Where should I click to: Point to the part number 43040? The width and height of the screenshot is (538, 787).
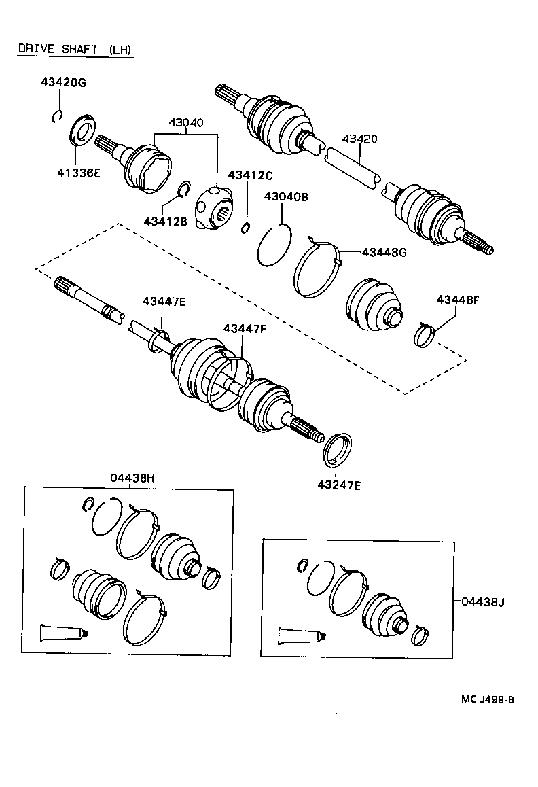(185, 123)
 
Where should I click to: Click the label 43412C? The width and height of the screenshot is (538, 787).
(250, 175)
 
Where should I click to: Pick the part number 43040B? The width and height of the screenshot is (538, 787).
(286, 197)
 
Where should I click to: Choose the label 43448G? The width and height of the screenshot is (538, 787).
(384, 252)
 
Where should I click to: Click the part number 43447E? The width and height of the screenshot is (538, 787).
(163, 301)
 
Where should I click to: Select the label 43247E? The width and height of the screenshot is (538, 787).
(338, 485)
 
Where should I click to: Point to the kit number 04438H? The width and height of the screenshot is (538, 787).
(132, 478)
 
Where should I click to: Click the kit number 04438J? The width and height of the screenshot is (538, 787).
(483, 601)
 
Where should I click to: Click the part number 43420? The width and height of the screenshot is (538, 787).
(359, 138)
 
